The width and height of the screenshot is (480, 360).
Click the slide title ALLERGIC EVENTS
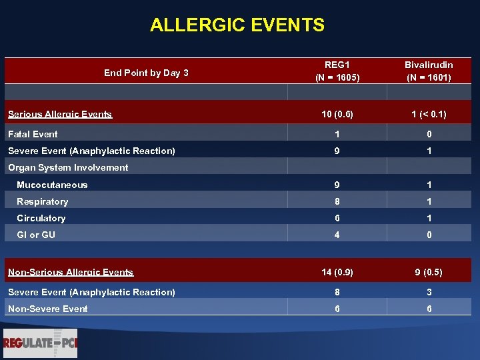tap(237, 25)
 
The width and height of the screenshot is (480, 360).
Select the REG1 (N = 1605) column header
tap(337, 71)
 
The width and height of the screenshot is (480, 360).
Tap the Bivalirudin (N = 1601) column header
tap(429, 71)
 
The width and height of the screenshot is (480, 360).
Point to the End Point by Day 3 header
tap(146, 73)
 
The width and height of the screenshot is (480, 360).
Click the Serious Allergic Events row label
tap(60, 114)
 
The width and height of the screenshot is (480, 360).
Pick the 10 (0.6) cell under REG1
tap(337, 114)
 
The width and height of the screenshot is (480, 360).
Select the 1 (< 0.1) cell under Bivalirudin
tap(429, 114)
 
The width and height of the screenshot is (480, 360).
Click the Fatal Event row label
tap(33, 134)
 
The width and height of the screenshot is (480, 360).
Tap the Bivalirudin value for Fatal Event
tap(429, 134)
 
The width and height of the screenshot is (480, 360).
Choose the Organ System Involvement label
tap(68, 167)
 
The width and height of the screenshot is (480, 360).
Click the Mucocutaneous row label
tap(52, 185)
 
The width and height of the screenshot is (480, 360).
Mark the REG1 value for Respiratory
tap(337, 201)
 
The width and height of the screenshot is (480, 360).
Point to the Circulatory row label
tap(41, 218)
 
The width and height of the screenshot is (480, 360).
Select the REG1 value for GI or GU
tap(337, 235)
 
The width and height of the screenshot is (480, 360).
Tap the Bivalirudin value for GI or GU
tap(429, 235)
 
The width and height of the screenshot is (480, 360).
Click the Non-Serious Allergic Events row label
tap(71, 272)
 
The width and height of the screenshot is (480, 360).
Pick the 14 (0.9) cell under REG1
tap(337, 272)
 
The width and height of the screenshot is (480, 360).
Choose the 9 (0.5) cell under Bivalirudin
tap(429, 272)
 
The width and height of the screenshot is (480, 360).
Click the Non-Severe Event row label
tap(47, 309)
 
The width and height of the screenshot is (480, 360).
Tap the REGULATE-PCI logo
tap(40, 343)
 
